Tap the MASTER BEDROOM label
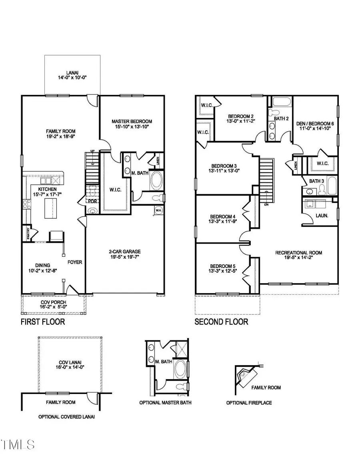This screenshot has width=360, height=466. point(132,121)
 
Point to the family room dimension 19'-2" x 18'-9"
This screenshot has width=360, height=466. point(61,136)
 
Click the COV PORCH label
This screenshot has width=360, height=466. point(53,302)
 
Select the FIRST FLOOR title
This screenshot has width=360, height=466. point(43,322)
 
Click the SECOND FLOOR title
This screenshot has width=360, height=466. point(221,322)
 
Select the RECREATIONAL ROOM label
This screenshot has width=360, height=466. point(298,252)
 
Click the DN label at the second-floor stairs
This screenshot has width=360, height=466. point(266,204)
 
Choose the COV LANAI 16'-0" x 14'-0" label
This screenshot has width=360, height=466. point(69,364)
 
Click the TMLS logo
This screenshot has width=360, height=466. point(18,444)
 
